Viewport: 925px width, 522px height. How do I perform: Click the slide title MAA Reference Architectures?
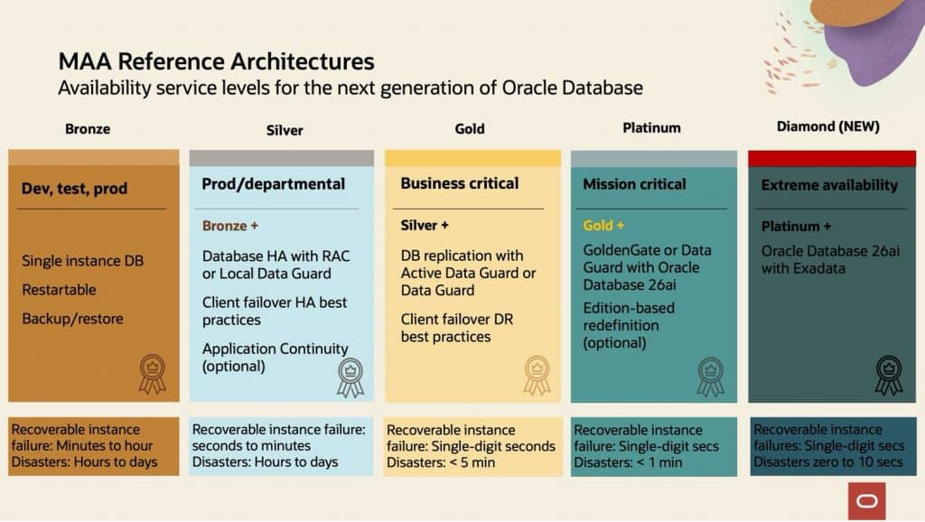(216, 61)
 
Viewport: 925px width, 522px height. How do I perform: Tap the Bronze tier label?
(88, 128)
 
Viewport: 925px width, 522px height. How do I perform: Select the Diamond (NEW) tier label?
(827, 126)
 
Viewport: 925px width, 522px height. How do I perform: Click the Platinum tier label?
(651, 127)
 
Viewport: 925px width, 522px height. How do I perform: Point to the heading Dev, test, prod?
(74, 188)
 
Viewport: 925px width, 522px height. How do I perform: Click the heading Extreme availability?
(829, 184)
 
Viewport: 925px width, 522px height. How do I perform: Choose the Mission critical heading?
(634, 184)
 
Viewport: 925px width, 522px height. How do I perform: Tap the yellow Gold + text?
(603, 225)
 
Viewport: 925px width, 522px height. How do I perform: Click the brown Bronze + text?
(229, 225)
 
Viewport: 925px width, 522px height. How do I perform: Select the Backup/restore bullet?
(72, 319)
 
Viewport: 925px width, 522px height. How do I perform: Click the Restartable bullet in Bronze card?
(59, 290)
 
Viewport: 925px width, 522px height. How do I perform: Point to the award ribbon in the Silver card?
(350, 378)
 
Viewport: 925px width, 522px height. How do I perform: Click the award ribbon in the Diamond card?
(889, 375)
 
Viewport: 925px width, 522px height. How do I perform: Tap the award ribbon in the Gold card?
(537, 375)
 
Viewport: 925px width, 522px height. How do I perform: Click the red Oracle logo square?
(866, 501)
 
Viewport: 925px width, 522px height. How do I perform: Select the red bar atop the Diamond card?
(832, 158)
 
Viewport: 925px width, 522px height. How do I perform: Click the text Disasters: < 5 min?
(441, 462)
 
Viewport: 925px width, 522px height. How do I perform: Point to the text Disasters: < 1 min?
(628, 462)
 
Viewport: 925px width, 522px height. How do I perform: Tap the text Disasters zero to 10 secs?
(827, 461)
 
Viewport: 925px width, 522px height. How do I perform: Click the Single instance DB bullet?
(82, 261)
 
